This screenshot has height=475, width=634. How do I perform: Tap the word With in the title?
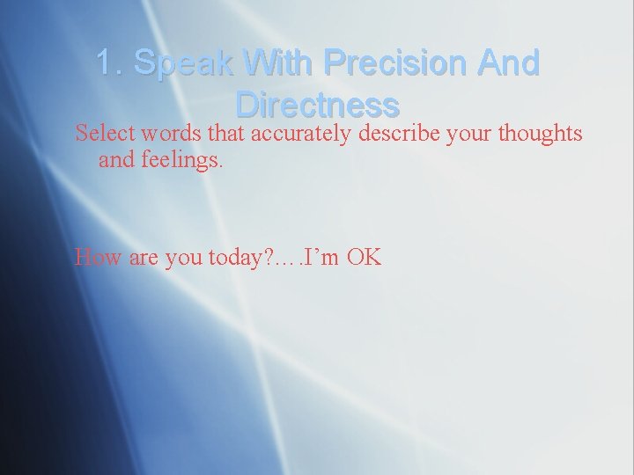pyautogui.click(x=275, y=63)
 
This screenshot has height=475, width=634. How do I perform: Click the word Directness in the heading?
pyautogui.click(x=318, y=105)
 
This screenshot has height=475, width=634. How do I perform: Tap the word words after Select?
pyautogui.click(x=157, y=133)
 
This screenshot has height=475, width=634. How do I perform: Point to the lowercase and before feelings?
pyautogui.click(x=114, y=161)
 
